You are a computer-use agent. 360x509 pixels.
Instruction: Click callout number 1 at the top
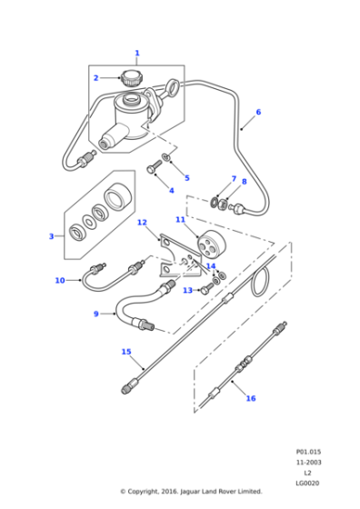click(x=137, y=53)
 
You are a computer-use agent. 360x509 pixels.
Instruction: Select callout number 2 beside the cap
click(x=95, y=78)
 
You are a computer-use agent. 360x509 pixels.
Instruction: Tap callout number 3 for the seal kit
click(x=52, y=236)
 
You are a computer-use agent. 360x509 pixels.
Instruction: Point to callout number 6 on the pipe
click(x=257, y=113)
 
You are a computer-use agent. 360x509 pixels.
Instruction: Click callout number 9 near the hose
click(x=95, y=314)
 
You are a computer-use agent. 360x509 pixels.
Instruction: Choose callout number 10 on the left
click(x=60, y=280)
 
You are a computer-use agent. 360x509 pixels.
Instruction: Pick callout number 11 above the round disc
click(x=180, y=220)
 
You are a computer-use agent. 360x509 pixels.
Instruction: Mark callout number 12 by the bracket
click(x=142, y=223)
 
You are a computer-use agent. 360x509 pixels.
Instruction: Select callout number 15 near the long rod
click(x=126, y=351)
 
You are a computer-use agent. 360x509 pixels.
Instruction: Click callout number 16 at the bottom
click(x=251, y=397)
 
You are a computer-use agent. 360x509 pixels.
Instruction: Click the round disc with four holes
click(x=209, y=248)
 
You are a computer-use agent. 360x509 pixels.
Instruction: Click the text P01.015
click(x=308, y=451)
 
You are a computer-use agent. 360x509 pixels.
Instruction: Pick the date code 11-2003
click(x=308, y=462)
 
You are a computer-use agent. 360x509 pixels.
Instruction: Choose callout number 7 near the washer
click(x=233, y=179)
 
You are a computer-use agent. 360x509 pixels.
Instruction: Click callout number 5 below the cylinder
click(x=186, y=177)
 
